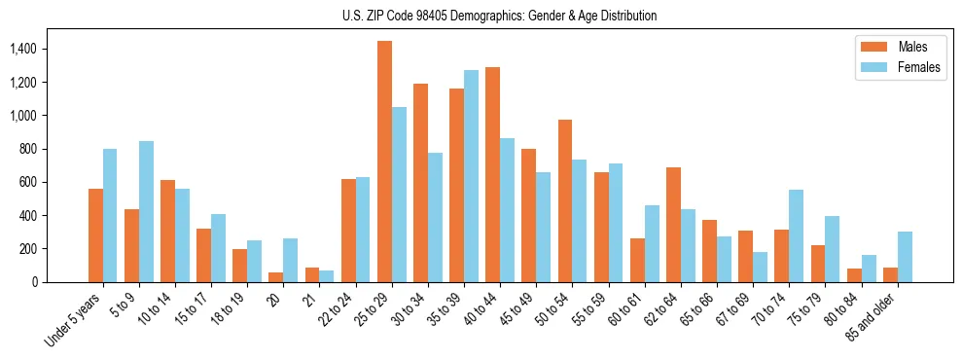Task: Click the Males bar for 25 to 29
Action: pos(384,162)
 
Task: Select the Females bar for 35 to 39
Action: pos(471,176)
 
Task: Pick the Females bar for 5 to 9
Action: pos(146,211)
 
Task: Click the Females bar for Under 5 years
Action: pos(110,215)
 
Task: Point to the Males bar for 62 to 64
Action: pos(673,225)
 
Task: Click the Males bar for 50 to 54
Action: pos(565,200)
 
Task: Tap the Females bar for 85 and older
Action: pos(905,257)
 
